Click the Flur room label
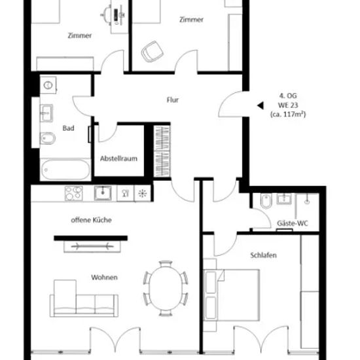[x=172, y=100]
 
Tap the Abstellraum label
[x=118, y=158]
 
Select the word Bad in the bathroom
[x=68, y=128]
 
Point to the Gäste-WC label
[x=293, y=223]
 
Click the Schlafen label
[x=263, y=255]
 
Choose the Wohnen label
[x=104, y=278]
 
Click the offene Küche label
[x=91, y=220]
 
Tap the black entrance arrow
[x=261, y=105]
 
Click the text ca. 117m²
[x=288, y=114]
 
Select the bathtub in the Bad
[x=65, y=170]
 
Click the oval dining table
[x=166, y=289]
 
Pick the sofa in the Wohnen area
[x=84, y=298]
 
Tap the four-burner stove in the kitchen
[x=73, y=193]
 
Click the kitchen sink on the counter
[x=103, y=193]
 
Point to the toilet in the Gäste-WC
[x=266, y=201]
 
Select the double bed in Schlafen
[x=232, y=295]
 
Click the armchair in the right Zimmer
[x=153, y=52]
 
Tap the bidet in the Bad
[x=48, y=139]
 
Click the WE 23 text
[x=288, y=105]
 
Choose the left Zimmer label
[x=80, y=35]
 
